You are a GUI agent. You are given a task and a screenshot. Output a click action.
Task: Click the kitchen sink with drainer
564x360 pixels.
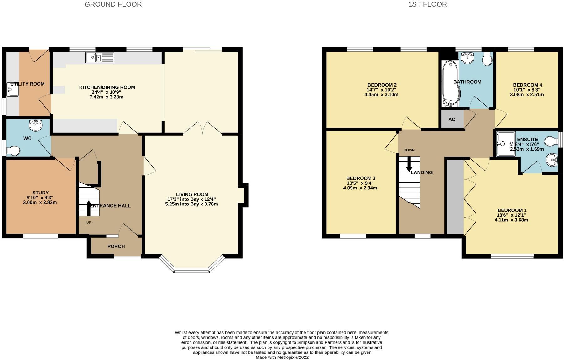click(100, 57)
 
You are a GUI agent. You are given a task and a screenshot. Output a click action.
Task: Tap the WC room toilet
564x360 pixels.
click(13, 151)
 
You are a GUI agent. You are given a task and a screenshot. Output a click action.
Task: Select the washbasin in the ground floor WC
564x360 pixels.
click(36, 125)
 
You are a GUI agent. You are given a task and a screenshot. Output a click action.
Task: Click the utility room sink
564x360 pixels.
click(12, 89)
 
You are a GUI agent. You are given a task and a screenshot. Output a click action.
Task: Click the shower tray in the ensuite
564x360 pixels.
click(506, 144)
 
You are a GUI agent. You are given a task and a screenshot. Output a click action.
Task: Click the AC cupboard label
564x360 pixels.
click(452, 119)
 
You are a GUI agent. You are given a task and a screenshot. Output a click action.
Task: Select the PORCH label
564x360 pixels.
click(116, 246)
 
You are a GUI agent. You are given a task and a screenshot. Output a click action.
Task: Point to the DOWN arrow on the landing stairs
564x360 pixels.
click(409, 164)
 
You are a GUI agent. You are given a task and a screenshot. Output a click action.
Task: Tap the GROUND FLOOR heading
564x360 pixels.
click(113, 4)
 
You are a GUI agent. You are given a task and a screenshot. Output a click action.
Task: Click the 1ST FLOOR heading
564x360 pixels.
click(427, 4)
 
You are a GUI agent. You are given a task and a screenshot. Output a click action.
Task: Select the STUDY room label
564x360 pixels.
click(40, 193)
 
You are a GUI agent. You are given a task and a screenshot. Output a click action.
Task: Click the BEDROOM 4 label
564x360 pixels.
click(527, 85)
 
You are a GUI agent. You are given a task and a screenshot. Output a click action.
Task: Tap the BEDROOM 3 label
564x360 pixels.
click(361, 178)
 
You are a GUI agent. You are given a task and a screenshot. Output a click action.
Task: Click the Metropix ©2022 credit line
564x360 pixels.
click(282, 357)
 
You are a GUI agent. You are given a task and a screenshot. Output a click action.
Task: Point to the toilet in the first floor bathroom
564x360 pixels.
click(487, 59)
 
